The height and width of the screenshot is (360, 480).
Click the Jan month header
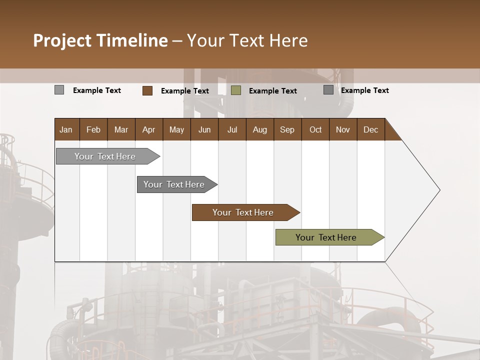66,129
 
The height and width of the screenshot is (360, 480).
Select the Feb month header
93,129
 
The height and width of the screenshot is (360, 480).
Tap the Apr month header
149,129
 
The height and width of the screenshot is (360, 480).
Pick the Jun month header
204,129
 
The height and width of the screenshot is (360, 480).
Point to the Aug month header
259,129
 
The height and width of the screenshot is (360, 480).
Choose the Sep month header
287,129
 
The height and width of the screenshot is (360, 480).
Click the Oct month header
315,129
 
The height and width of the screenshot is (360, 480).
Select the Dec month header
370,129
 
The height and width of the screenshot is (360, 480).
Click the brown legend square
147,90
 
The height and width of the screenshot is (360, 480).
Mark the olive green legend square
236,90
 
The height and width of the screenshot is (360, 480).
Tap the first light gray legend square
59,90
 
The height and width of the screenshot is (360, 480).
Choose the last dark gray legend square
328,90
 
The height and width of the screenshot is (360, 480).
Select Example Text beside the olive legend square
272,91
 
